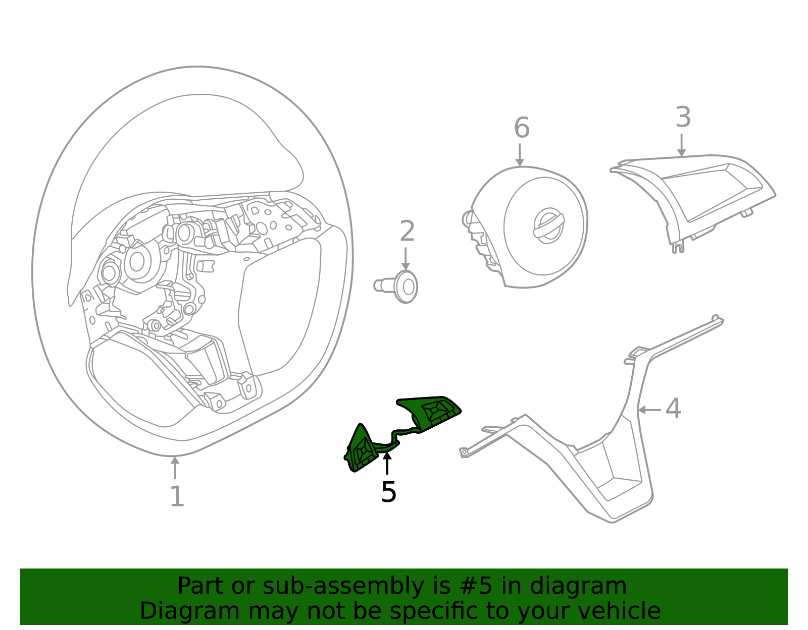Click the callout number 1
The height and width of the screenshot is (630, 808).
(x=176, y=497)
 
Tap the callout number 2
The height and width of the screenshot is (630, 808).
(x=407, y=232)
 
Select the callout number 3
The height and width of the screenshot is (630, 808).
(x=683, y=118)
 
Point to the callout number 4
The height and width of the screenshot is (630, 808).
(x=673, y=409)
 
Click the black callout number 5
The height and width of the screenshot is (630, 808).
(x=388, y=492)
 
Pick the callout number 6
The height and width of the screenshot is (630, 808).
(x=522, y=128)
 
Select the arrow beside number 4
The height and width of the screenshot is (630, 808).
(x=649, y=410)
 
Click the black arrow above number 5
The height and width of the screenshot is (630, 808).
(x=387, y=463)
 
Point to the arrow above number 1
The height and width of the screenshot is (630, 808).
(x=175, y=468)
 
